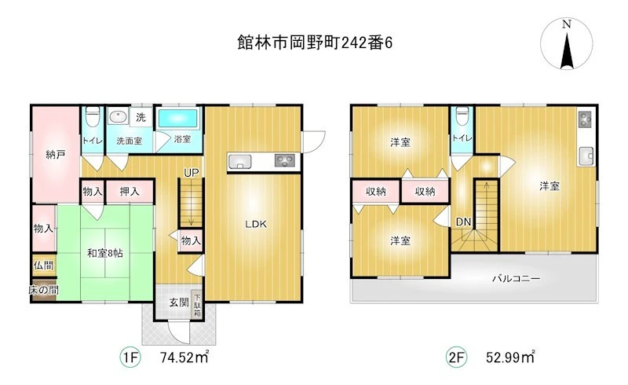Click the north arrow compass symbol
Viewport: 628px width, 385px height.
(566, 43)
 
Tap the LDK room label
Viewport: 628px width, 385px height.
(256, 224)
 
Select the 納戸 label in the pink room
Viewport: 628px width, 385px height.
(56, 154)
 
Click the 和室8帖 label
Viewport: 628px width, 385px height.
(105, 253)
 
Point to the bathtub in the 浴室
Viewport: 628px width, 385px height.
(178, 119)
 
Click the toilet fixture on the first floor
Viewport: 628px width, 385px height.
(93, 116)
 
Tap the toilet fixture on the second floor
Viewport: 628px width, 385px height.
(462, 116)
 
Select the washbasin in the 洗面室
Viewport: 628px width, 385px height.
(119, 117)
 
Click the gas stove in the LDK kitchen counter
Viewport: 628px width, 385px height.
(285, 161)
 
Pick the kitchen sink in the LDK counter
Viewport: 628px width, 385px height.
(240, 162)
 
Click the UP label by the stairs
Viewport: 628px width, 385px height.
(191, 173)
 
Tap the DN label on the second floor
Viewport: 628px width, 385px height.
(463, 222)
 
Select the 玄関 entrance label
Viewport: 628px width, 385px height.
(179, 302)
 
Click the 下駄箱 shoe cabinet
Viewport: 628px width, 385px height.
(197, 305)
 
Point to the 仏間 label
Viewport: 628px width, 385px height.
(43, 265)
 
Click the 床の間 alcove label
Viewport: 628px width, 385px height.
(43, 290)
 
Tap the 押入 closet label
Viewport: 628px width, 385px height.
(130, 192)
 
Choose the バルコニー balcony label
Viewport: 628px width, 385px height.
(517, 278)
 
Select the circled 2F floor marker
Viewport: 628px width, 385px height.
(457, 357)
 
